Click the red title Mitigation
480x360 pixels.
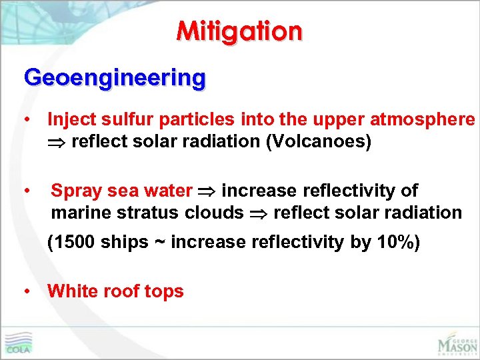pos(239,31)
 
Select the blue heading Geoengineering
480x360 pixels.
pos(115,78)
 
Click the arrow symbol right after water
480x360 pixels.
pos(207,191)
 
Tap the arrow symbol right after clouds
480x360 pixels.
pos(259,213)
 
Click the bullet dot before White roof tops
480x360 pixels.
pos(26,291)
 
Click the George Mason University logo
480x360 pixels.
pos(457,343)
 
